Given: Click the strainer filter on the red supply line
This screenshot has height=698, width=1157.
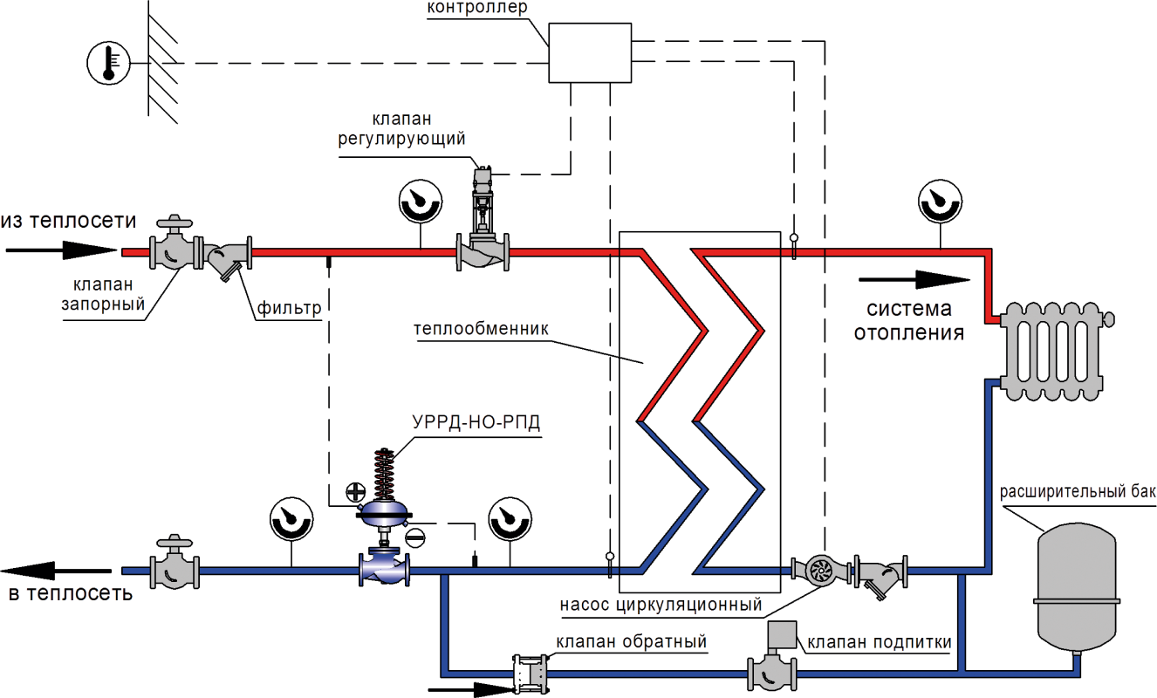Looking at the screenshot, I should coord(228,255).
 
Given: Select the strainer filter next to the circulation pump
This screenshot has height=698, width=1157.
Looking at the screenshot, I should coord(880,573).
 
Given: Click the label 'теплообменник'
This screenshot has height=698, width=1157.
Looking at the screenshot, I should coord(481,329).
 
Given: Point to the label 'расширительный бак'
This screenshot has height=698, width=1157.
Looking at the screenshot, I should coord(1078,492).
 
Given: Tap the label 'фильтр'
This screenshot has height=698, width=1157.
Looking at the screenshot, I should coord(289,308).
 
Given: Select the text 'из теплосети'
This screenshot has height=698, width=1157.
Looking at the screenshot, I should coord(69,221).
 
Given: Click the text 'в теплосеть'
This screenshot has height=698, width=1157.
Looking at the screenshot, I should coord(70,594).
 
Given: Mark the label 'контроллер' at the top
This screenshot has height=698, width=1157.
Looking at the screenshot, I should coord(477,8).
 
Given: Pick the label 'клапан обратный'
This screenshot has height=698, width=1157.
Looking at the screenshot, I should coord(631,642).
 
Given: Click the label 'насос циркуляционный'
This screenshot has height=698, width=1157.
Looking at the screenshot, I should coord(661,605).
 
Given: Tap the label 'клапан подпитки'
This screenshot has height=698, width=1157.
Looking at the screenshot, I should coord(879,643).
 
